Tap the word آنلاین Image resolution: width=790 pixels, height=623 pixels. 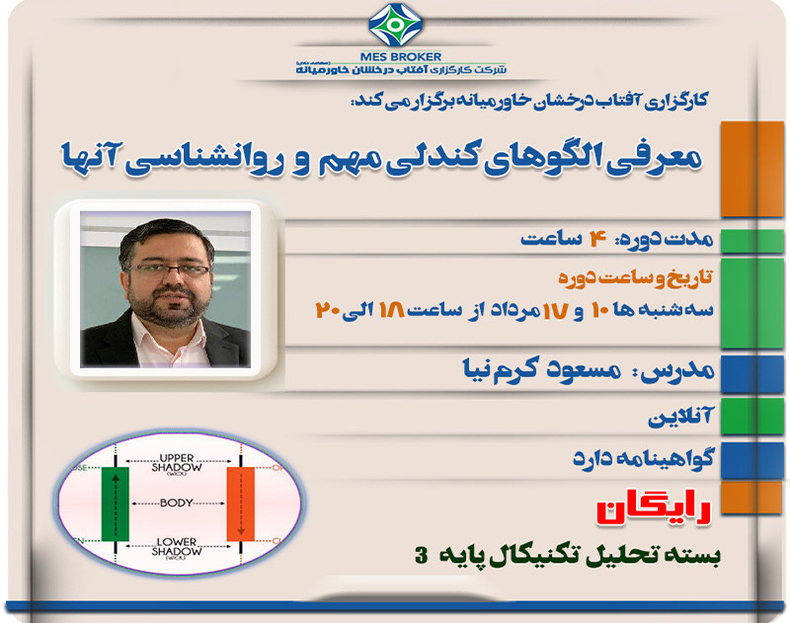(679, 419)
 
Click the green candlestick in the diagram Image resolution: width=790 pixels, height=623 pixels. (116, 505)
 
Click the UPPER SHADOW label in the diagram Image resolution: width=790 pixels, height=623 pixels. (179, 465)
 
